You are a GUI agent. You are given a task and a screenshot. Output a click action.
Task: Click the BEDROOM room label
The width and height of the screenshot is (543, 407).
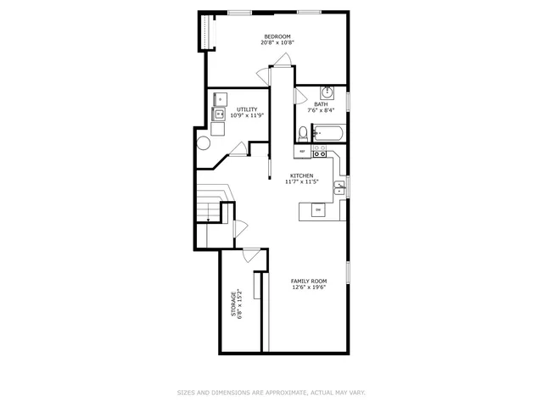(x=277, y=36)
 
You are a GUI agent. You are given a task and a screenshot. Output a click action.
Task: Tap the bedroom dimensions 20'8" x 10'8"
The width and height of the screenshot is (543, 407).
(x=277, y=43)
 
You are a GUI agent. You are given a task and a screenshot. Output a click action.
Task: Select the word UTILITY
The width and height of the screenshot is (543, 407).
(x=247, y=109)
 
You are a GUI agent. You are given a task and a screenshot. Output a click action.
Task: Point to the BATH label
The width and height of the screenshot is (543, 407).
(x=321, y=104)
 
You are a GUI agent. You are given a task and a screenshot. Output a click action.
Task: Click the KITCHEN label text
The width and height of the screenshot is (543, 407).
(x=301, y=176)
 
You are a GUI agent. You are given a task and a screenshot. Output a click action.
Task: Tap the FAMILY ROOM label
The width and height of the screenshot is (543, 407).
(x=309, y=281)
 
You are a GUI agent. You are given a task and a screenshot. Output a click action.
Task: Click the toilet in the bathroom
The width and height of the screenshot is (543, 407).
(x=303, y=132)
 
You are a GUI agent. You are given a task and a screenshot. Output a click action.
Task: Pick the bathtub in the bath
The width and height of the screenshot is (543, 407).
(x=327, y=132)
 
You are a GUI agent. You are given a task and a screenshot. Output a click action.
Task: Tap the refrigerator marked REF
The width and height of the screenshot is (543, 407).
(x=301, y=152)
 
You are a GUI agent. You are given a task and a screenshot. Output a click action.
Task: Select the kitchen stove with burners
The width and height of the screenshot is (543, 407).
(x=320, y=152)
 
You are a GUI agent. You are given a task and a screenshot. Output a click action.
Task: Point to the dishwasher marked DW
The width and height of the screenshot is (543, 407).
(x=318, y=209)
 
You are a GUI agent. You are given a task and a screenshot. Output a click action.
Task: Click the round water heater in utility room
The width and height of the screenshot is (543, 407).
(x=204, y=143)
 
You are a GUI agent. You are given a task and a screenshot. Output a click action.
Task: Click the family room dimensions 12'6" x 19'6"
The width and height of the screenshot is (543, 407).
(x=309, y=287)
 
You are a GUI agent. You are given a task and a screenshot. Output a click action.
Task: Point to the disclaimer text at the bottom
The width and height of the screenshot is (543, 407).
(x=271, y=393)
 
